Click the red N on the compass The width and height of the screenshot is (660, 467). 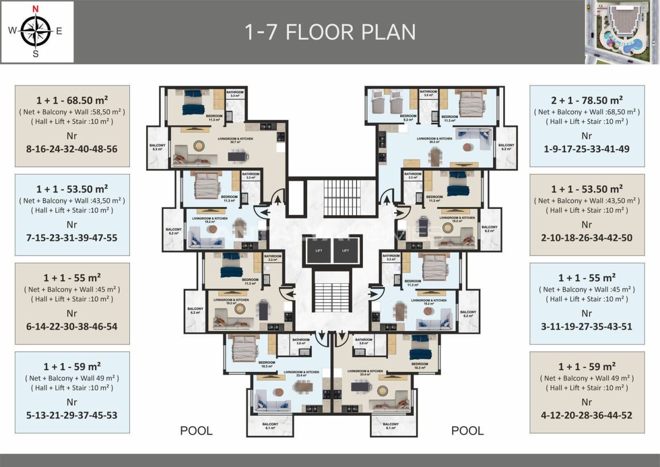click(x=36, y=9)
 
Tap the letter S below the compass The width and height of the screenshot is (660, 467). click(x=36, y=53)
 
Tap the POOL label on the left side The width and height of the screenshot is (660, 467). click(x=196, y=430)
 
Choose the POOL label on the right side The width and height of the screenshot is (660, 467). click(x=467, y=430)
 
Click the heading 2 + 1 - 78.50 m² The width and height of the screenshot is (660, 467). click(x=587, y=100)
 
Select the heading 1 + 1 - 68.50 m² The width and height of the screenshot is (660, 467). click(x=72, y=100)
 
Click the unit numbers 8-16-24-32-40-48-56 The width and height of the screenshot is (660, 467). click(x=72, y=149)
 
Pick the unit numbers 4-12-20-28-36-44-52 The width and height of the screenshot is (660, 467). click(x=587, y=415)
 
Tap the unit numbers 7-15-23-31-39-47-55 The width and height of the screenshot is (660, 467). click(x=72, y=238)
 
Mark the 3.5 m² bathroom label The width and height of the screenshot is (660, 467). click(x=428, y=93)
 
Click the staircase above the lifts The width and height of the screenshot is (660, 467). click(x=342, y=198)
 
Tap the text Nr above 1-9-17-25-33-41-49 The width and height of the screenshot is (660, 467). click(x=587, y=136)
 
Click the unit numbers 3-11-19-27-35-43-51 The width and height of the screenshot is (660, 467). click(x=587, y=327)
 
